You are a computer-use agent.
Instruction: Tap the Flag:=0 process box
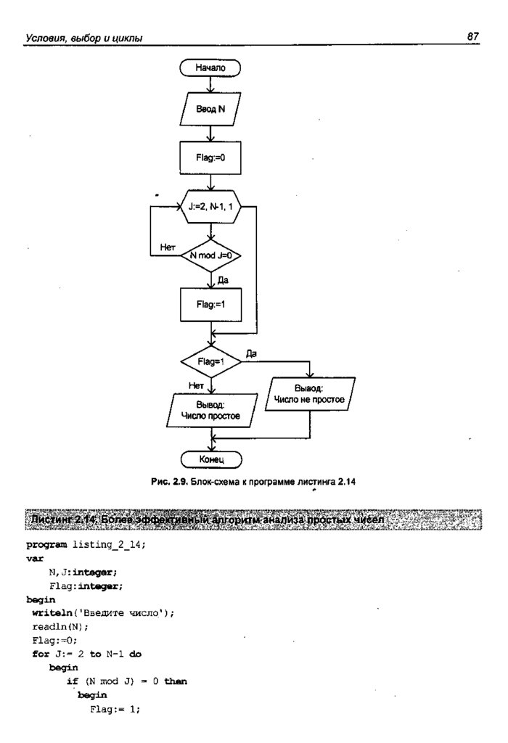pyautogui.click(x=210, y=155)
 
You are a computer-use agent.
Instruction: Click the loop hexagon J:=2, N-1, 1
pyautogui.click(x=210, y=208)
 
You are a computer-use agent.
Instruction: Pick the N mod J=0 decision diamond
pyautogui.click(x=210, y=255)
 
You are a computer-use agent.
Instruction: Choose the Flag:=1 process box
pyautogui.click(x=210, y=304)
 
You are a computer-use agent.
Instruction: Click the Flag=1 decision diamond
pyautogui.click(x=210, y=361)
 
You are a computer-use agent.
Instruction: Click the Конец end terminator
pyautogui.click(x=210, y=459)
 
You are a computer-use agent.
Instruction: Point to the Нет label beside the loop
pyautogui.click(x=168, y=247)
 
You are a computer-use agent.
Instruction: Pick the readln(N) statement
pyautogui.click(x=51, y=626)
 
